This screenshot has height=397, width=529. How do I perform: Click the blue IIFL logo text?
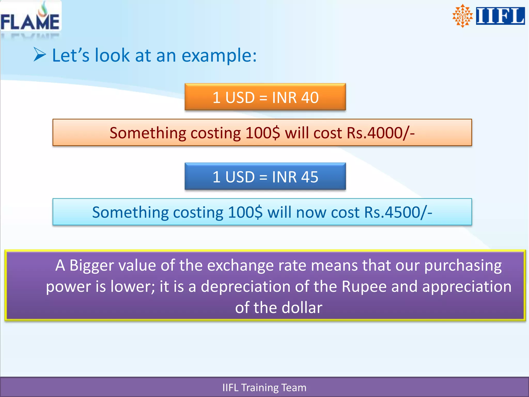coord(500,16)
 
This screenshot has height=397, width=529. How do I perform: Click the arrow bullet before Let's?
coord(40,55)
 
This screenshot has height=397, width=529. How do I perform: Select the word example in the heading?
coord(219,55)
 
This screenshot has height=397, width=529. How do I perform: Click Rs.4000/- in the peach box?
coord(380,133)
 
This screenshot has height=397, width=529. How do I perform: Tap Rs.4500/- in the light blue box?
coord(398,212)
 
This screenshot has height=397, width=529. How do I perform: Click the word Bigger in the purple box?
coord(91,265)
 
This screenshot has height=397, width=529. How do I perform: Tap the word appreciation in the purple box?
coord(467,287)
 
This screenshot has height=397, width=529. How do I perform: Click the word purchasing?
coord(463,265)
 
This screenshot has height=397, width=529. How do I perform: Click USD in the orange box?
coord(240,97)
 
